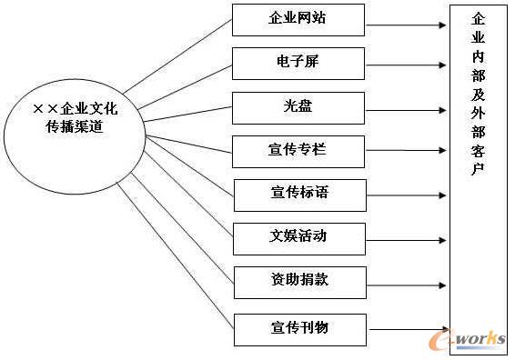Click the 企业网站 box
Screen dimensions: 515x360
[x=298, y=19]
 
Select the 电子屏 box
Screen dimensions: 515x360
[x=298, y=63]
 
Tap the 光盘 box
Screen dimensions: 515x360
[x=298, y=106]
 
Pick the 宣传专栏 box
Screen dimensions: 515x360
[x=298, y=150]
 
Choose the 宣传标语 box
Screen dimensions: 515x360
[x=299, y=195]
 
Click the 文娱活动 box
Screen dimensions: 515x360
[x=299, y=238]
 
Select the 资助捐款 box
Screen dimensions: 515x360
[x=299, y=280]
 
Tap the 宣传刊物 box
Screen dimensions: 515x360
[x=299, y=327]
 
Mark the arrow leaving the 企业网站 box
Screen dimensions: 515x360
[x=407, y=19]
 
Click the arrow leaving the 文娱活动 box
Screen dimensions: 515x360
[x=407, y=240]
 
